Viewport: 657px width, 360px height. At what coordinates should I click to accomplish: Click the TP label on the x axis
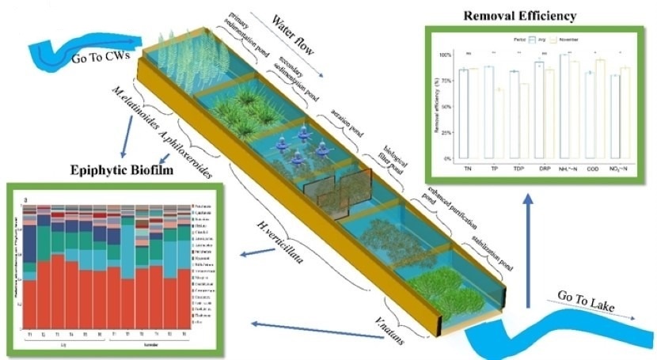(499, 169)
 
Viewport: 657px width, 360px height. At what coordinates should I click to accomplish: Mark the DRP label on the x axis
(541, 169)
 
